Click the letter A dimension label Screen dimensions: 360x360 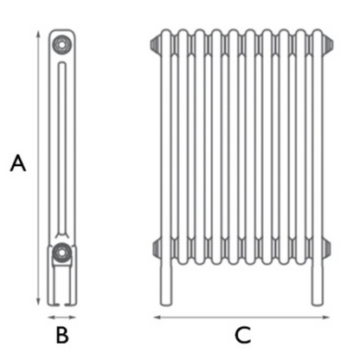[x=17, y=164]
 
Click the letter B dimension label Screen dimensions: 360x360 [x=61, y=336]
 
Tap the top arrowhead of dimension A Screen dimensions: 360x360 [x=37, y=34]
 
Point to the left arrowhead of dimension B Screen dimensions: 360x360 [x=48, y=318]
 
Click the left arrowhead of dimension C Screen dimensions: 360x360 [x=157, y=318]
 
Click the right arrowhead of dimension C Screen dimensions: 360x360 [x=329, y=318]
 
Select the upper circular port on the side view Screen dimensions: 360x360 [x=61, y=42]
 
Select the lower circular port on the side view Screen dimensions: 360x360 [x=61, y=253]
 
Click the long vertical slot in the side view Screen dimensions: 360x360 [x=61, y=147]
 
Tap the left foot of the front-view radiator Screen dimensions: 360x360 [x=166, y=286]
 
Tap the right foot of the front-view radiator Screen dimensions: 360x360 [x=318, y=286]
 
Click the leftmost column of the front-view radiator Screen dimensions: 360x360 [x=166, y=147]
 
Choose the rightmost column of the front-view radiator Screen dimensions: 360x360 [x=318, y=147]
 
